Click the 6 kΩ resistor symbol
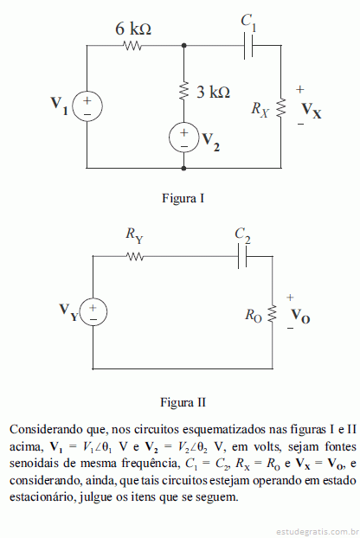click(132, 45)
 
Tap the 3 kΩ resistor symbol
click(184, 92)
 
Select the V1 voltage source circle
click(87, 106)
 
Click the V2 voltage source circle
click(184, 138)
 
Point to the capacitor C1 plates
click(248, 45)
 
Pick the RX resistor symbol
click(281, 108)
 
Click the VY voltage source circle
click(93, 312)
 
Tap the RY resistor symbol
click(135, 256)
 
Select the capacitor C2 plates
click(242, 256)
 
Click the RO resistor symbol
click(273, 314)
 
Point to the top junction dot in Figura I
click(184, 45)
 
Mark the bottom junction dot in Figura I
click(184, 168)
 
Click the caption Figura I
click(183, 198)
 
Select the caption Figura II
click(183, 402)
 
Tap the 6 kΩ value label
click(133, 29)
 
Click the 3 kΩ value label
click(213, 92)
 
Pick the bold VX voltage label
click(312, 111)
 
